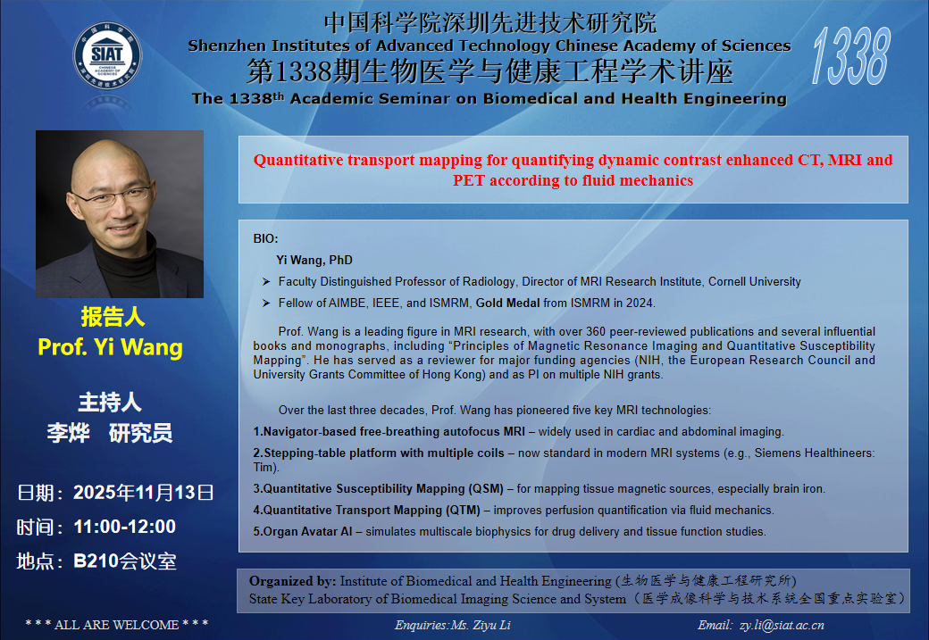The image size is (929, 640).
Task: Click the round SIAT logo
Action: coord(107,55)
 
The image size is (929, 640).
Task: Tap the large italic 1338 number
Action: coord(850,56)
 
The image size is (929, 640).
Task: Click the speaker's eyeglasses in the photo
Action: coord(113,196)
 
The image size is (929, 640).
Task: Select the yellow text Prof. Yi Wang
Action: coord(110,347)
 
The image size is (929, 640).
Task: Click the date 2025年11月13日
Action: coord(144,493)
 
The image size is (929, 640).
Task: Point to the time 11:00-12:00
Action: coord(124,527)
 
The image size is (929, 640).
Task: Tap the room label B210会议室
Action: coord(125,561)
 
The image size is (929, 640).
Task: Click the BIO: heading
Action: coord(265,238)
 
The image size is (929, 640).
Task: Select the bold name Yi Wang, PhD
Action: coord(314,260)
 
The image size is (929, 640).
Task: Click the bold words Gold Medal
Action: coord(507,303)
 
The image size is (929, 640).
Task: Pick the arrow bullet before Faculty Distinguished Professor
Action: coord(266,282)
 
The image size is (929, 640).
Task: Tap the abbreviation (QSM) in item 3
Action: coord(486,489)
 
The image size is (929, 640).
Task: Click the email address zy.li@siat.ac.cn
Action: coord(782,625)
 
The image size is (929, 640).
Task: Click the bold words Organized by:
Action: coord(292,581)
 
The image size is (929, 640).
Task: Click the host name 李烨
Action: coord(68,434)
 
